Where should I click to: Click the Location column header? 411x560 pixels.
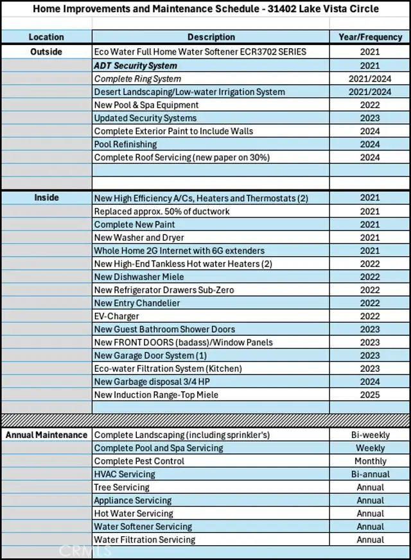tap(46, 37)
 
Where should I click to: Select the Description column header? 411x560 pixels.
tap(211, 37)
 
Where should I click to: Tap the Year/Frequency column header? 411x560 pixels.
tap(370, 37)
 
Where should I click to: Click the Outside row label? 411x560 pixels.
tap(46, 51)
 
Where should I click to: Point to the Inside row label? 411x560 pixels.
tap(46, 198)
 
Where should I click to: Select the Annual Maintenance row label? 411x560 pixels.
tap(46, 435)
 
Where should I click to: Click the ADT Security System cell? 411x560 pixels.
tap(136, 66)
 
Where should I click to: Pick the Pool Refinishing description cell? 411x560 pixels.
tap(125, 144)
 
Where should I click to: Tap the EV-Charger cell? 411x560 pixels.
tap(116, 316)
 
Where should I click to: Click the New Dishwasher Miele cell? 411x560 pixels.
tap(139, 277)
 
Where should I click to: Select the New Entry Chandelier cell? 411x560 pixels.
tap(137, 303)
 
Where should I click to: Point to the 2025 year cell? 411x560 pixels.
tap(370, 395)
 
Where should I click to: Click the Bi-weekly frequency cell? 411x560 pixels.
tap(370, 435)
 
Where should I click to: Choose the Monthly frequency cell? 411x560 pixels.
tap(370, 461)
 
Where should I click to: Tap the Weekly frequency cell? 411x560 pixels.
tap(370, 448)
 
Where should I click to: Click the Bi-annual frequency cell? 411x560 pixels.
tap(370, 475)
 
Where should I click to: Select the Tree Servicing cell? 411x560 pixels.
tap(121, 487)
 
